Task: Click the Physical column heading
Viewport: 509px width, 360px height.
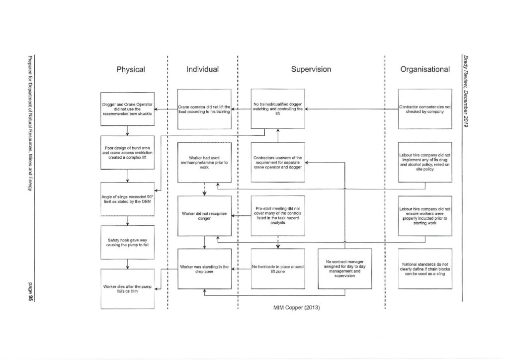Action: coord(131,70)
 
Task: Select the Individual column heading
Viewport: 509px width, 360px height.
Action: coord(203,69)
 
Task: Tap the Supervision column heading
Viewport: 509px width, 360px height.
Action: coord(311,69)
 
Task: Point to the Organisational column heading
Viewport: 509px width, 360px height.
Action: coord(425,69)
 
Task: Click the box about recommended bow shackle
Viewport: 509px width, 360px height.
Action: coord(127,109)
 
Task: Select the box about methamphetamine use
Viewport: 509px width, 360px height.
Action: coord(204,162)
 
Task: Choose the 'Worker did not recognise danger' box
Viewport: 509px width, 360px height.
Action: coord(204,216)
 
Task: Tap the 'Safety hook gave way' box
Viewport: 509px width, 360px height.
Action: coord(127,243)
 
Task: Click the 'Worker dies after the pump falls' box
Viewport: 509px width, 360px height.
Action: coord(127,289)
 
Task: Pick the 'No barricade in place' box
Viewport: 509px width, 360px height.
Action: coord(278,269)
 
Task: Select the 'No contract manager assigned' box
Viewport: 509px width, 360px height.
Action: coord(345,269)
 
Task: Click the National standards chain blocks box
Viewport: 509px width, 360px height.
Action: coord(425,269)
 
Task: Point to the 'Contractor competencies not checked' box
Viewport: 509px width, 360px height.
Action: coord(425,109)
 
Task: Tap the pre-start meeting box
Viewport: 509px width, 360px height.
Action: coord(278,216)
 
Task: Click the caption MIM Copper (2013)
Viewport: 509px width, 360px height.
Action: coord(296,307)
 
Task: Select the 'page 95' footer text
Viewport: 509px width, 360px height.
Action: coord(30,292)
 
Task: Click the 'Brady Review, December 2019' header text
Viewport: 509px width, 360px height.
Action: coord(466,91)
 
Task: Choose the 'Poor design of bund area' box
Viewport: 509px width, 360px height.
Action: coord(127,153)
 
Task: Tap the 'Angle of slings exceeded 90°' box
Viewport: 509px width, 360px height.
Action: coord(127,199)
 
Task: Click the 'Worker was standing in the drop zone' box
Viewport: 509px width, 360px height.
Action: coord(204,269)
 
